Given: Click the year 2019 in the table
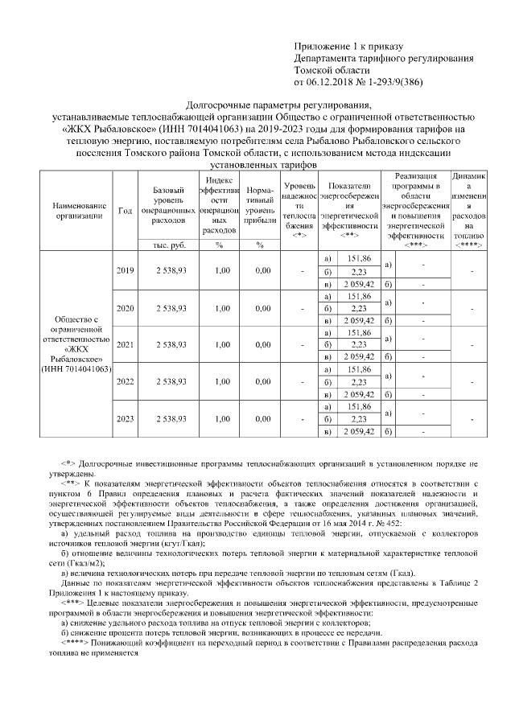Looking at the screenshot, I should click(x=125, y=271).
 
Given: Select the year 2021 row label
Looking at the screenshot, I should click(x=125, y=344).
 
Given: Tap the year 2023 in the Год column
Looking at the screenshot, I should click(x=125, y=419).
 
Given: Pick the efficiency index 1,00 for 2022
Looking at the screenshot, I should click(x=218, y=381).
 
